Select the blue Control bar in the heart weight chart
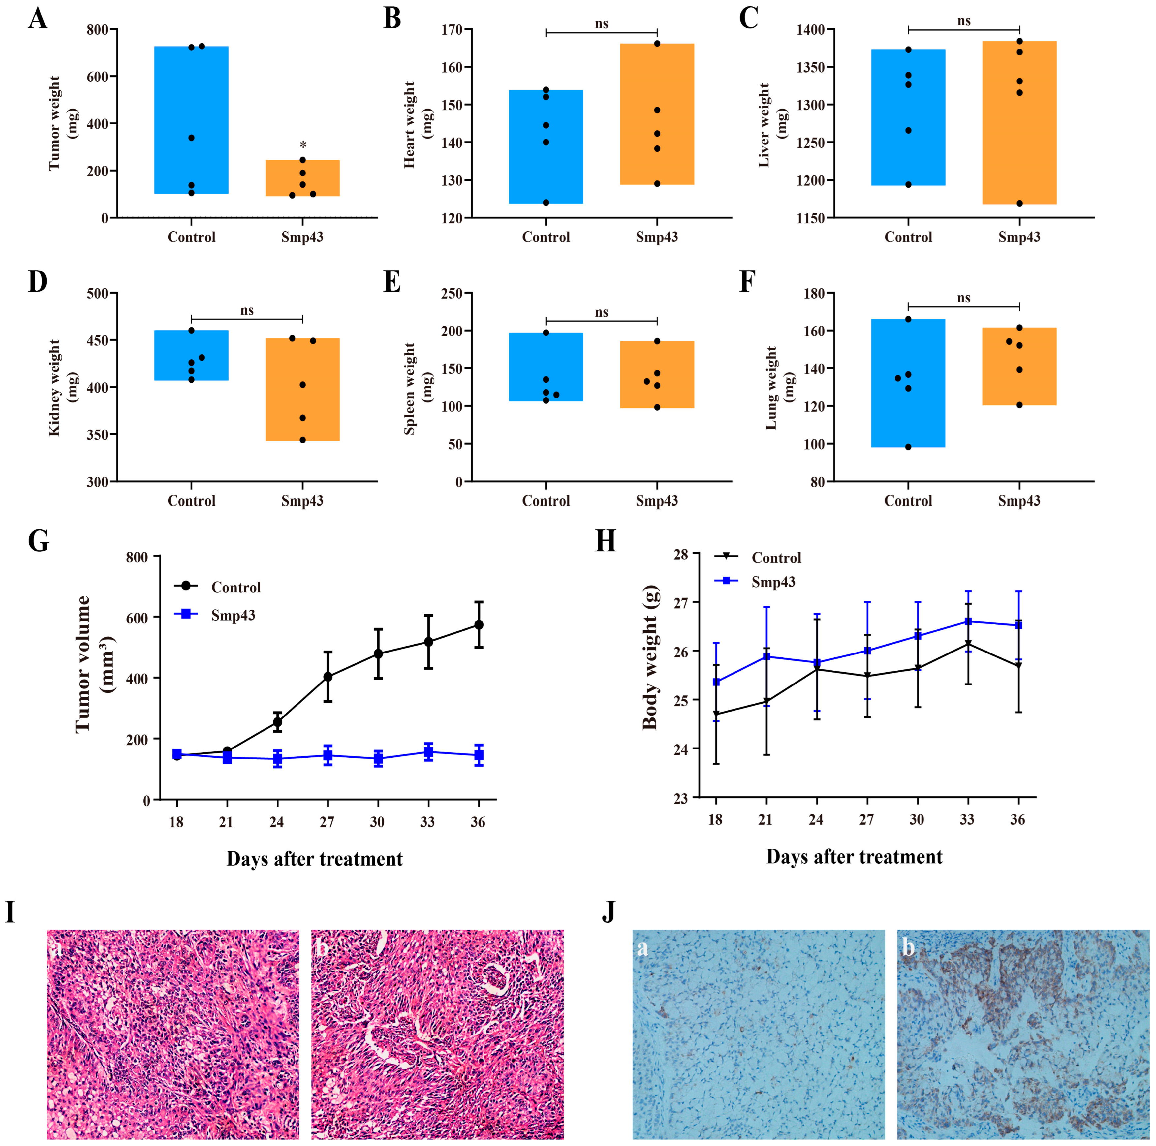(546, 146)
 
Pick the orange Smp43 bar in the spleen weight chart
(657, 375)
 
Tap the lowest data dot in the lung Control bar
(908, 446)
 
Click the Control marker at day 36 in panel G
(479, 625)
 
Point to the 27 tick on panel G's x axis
(327, 822)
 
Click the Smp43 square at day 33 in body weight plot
(968, 621)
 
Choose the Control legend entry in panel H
(775, 558)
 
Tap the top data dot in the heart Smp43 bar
(657, 44)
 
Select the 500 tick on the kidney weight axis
(98, 293)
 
